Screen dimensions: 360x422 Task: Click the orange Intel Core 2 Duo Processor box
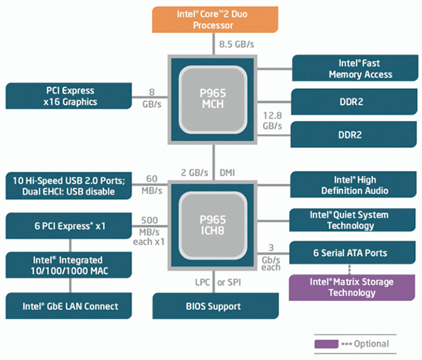(213, 18)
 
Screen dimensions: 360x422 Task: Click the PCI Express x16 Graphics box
(70, 96)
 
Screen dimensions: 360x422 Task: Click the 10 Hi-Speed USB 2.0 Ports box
(70, 186)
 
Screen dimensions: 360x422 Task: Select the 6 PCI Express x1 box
(70, 226)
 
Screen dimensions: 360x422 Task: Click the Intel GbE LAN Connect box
(70, 306)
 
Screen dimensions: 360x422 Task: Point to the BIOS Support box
(213, 306)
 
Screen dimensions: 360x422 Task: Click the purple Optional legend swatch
(327, 344)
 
